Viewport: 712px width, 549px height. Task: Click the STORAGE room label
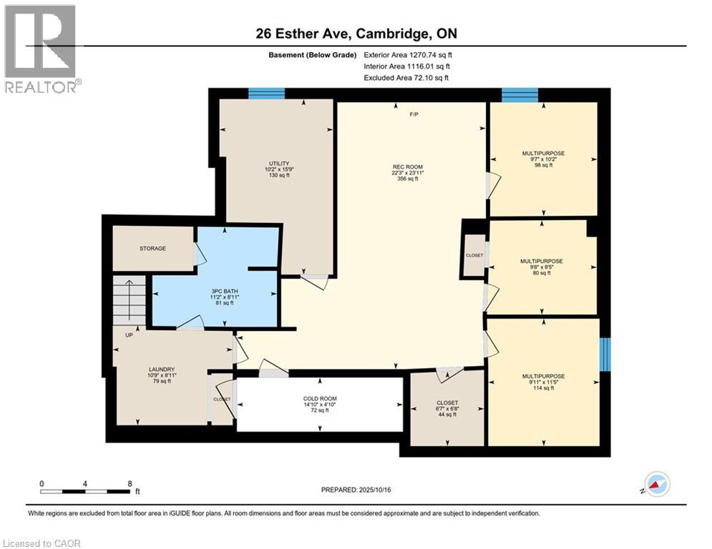click(152, 249)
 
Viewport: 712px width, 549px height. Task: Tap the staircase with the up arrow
click(130, 301)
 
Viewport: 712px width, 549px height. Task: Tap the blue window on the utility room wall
click(266, 93)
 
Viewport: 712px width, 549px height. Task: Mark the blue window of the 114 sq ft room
click(605, 355)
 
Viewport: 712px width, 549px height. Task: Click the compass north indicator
click(657, 484)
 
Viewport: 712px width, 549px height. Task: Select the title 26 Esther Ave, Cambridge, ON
click(356, 34)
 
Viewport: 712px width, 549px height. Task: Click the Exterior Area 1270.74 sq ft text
click(407, 54)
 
